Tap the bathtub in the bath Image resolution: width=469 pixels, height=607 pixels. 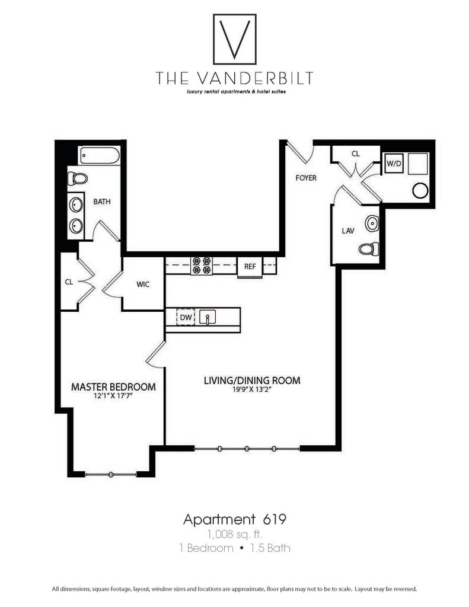click(100, 157)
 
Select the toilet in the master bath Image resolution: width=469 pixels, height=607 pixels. click(78, 178)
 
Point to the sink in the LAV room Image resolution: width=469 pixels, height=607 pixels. click(372, 223)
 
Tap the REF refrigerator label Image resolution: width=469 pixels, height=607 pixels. click(250, 267)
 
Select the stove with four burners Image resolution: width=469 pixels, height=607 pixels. click(201, 265)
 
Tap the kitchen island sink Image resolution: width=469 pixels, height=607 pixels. click(208, 317)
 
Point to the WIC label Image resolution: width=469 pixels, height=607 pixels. click(142, 285)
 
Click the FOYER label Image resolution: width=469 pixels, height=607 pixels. click(305, 178)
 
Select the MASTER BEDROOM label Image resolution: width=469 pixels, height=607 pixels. click(113, 386)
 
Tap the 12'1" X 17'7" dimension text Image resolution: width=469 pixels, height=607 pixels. click(112, 397)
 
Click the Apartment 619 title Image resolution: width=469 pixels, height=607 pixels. click(235, 520)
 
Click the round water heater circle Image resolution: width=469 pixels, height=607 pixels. click(420, 190)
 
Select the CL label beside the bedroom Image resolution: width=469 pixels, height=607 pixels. click(69, 282)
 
